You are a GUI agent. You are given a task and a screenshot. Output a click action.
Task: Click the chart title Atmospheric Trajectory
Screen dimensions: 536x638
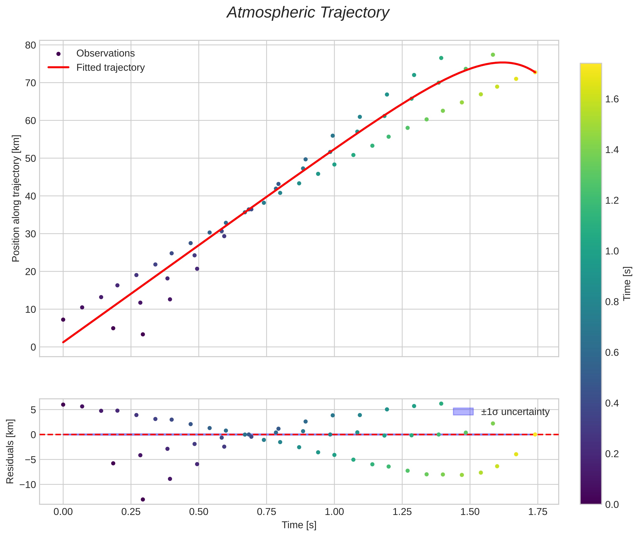click(308, 13)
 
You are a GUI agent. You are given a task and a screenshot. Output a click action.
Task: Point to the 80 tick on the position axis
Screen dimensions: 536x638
click(30, 45)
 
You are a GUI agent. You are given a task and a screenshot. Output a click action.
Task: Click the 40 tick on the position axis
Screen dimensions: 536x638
click(30, 196)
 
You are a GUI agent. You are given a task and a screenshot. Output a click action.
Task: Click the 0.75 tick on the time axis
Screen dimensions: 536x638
click(266, 512)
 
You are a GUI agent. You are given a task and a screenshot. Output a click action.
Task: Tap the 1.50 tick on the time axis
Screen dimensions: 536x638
click(470, 512)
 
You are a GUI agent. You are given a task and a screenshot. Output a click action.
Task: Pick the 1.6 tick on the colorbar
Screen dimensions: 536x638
click(612, 99)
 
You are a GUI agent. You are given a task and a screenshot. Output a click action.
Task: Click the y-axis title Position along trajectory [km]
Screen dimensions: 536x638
click(16, 198)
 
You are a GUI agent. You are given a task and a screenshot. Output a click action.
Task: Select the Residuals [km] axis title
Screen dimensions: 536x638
click(10, 451)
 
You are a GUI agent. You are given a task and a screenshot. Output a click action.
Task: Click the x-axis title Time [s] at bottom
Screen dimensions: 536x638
click(299, 525)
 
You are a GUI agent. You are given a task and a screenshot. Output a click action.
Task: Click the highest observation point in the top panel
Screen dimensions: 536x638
click(493, 55)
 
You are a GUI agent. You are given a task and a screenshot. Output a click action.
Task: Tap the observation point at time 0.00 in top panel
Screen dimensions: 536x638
click(63, 320)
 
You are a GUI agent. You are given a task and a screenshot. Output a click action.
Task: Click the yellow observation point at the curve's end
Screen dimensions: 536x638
click(535, 72)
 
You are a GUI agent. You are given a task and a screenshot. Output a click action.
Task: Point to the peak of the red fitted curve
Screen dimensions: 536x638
click(502, 63)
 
